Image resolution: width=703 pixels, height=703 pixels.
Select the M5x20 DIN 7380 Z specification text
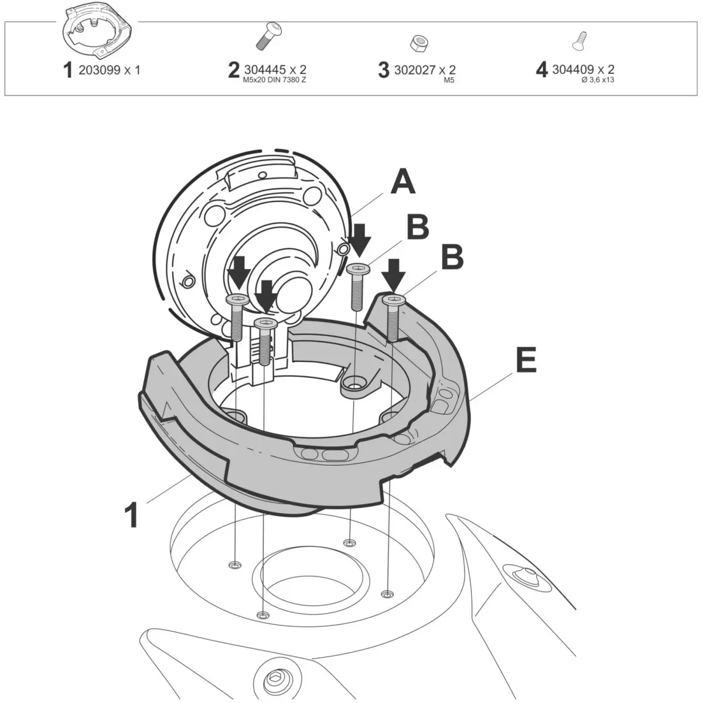click(x=274, y=80)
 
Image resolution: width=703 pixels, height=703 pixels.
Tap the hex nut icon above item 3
click(x=419, y=44)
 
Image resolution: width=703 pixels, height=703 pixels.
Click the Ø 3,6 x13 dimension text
click(x=598, y=80)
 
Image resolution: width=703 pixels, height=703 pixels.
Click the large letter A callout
click(x=402, y=182)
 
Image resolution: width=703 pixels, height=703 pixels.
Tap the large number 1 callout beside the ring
click(x=131, y=514)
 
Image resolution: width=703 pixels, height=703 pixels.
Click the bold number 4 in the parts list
click(x=542, y=70)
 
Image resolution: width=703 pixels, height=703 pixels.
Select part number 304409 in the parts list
click(x=572, y=69)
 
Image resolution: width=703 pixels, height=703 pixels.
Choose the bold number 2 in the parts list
click(x=234, y=70)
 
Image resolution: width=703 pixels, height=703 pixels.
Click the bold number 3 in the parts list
click(x=384, y=70)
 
